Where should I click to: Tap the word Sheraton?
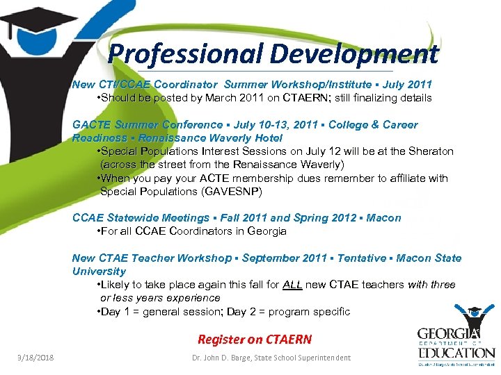429,151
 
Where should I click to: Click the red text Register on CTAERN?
255,340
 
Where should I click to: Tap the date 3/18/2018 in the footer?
36,358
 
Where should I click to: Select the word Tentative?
361,258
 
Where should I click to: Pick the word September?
269,258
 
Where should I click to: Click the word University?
99,272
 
